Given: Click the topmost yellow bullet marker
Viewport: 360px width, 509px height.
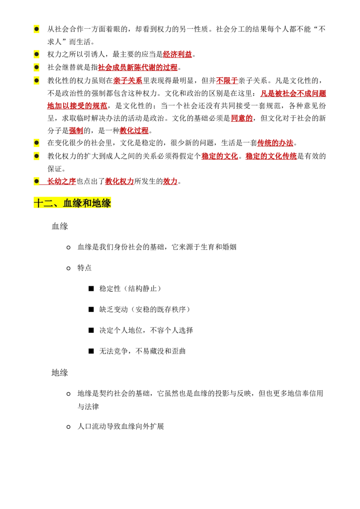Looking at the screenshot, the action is tap(36, 29).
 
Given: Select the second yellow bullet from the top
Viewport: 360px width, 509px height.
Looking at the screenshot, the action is tap(36, 54).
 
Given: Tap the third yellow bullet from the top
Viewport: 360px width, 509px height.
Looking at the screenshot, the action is tap(36, 67).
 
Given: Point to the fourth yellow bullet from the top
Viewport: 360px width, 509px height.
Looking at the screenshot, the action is tap(36, 81).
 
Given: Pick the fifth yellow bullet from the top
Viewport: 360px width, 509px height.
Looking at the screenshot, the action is tap(36, 143).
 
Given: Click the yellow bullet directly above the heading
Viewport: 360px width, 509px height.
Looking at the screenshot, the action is tap(36, 181).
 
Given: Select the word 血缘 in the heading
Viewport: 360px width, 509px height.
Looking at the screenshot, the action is tap(72, 203).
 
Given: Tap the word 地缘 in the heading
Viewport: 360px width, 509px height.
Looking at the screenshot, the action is tap(102, 203).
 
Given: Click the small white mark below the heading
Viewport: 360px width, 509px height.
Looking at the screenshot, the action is tap(70, 228).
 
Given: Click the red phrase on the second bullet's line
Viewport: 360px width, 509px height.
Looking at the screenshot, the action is tap(177, 54).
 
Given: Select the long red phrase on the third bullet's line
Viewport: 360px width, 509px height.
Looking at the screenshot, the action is tap(138, 67).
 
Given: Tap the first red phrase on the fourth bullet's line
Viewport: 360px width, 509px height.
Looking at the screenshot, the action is tap(128, 81).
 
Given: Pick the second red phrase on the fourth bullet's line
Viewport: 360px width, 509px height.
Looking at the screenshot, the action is tap(227, 81).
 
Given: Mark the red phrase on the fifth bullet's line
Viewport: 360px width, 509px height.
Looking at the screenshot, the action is tap(275, 143).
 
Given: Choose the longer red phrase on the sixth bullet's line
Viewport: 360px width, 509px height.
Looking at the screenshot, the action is tap(271, 156).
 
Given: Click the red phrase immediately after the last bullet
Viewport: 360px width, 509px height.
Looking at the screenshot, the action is tap(61, 181).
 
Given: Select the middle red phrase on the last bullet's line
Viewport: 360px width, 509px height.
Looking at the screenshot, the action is tap(119, 181).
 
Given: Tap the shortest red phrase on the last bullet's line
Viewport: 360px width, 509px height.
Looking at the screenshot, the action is tap(170, 181).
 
